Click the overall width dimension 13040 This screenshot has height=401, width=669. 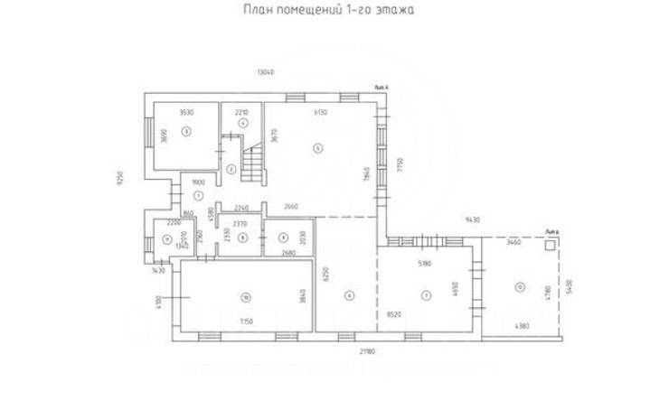point(265,72)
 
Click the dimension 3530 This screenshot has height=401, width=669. point(186,112)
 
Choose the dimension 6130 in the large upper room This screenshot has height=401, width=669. point(320,112)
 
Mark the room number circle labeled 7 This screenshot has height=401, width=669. point(424,295)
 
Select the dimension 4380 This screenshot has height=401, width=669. point(523,325)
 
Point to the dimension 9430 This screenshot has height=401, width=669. point(473,219)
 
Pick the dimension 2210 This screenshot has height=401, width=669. point(241,112)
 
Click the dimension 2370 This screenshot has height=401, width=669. point(240,223)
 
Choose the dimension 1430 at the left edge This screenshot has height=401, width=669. point(159,270)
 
